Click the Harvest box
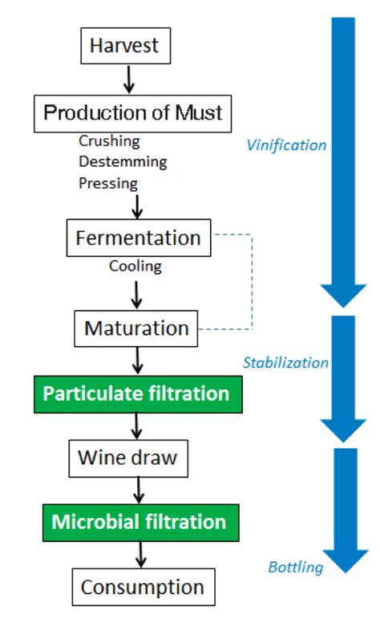(x=125, y=46)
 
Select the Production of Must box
(x=132, y=112)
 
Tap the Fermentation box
(x=138, y=238)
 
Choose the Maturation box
(x=136, y=328)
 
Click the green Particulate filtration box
(x=136, y=393)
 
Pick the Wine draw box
(x=127, y=458)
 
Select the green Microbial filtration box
(x=139, y=523)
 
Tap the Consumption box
(x=143, y=587)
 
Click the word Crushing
(x=109, y=141)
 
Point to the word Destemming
(x=123, y=161)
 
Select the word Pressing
(x=108, y=182)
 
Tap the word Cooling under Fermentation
(x=135, y=266)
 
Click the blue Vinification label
(x=286, y=145)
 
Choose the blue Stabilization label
(x=285, y=363)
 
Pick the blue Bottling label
(x=296, y=568)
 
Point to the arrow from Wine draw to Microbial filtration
(x=139, y=490)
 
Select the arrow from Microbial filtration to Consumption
(x=142, y=555)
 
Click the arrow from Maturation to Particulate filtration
(x=137, y=360)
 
